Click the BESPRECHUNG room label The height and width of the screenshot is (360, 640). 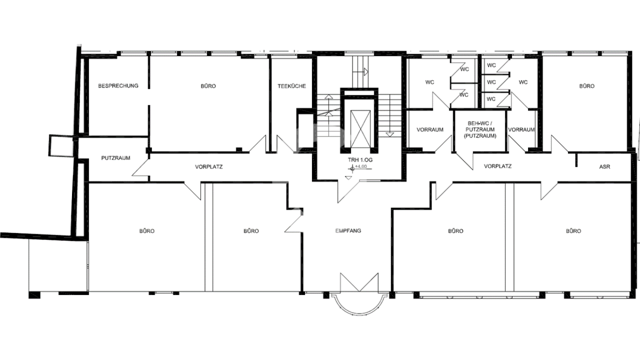118,86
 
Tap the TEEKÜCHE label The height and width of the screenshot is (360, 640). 292,86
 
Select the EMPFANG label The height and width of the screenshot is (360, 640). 348,230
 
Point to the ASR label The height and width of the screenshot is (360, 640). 605,166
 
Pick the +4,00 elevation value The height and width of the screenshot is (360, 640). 361,166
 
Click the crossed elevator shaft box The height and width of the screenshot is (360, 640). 360,129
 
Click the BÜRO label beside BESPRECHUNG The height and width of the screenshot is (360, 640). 208,86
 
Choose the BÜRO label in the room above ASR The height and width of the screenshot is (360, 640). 587,86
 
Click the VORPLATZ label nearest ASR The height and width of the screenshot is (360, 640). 498,166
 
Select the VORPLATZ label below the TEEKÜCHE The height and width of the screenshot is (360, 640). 209,167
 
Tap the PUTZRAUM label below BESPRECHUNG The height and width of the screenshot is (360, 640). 116,158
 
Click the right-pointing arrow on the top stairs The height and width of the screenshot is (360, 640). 365,71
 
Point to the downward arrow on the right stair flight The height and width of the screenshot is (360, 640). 390,134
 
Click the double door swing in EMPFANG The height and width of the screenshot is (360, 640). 359,282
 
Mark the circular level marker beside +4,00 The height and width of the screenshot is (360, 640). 353,169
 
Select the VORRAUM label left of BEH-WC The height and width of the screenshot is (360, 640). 430,130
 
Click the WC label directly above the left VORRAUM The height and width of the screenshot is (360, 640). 430,82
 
